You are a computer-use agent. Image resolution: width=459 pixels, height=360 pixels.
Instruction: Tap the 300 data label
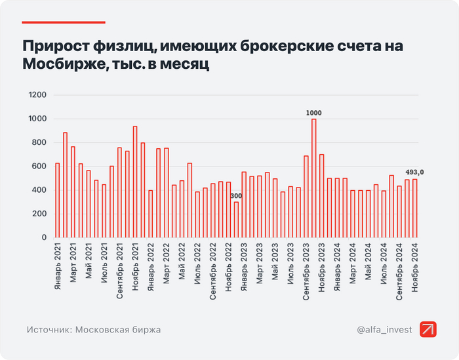236,196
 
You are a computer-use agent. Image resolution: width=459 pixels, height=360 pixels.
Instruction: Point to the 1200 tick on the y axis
38,95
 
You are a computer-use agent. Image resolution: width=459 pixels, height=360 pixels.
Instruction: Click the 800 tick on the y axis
40,143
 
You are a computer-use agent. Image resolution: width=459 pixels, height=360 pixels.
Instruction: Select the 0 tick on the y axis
45,237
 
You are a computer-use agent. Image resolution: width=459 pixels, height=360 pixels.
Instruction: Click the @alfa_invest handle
384,330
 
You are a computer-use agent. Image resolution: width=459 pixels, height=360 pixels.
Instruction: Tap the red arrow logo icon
429,330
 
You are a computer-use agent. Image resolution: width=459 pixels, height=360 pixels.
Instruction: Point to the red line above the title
64,22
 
